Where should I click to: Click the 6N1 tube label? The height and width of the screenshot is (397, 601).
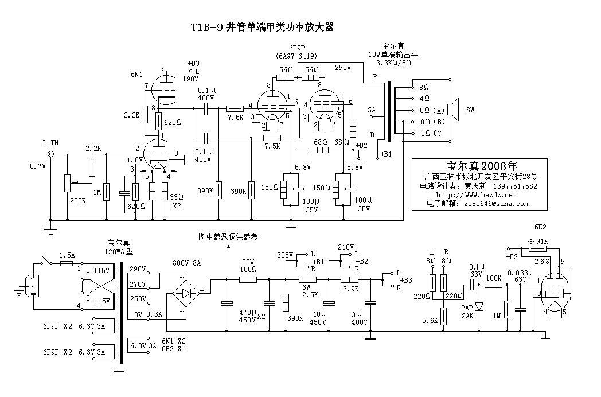pos(136,73)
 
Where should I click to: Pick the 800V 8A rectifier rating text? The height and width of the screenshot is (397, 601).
pos(188,264)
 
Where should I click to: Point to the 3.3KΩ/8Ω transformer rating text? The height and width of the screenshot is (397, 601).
pos(390,62)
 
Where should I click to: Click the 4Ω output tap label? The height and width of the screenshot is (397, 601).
pos(424,99)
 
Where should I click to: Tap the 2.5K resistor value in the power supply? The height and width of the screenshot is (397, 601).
pos(310,295)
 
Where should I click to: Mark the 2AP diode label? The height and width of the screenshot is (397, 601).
pos(466,308)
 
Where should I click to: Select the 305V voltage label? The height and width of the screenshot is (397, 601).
pos(285,255)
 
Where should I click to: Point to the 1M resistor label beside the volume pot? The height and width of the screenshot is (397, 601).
pos(97,193)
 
